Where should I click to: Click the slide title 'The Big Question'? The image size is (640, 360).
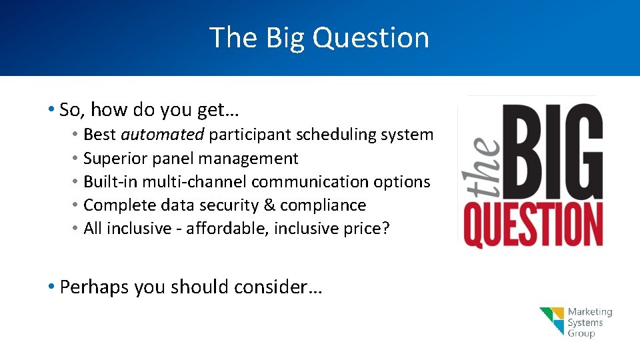point(319,37)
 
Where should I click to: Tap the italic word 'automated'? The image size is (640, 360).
point(162,135)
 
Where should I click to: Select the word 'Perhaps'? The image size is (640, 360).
point(95,287)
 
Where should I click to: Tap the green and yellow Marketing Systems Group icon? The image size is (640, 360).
point(551,321)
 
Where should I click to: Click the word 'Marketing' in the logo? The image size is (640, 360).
point(590,312)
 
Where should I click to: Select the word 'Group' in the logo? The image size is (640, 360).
point(581,333)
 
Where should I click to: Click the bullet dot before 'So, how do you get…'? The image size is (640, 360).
point(51,109)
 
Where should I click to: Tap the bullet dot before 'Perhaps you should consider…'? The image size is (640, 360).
point(51,287)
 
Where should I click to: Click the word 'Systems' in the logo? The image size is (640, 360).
point(585,323)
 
